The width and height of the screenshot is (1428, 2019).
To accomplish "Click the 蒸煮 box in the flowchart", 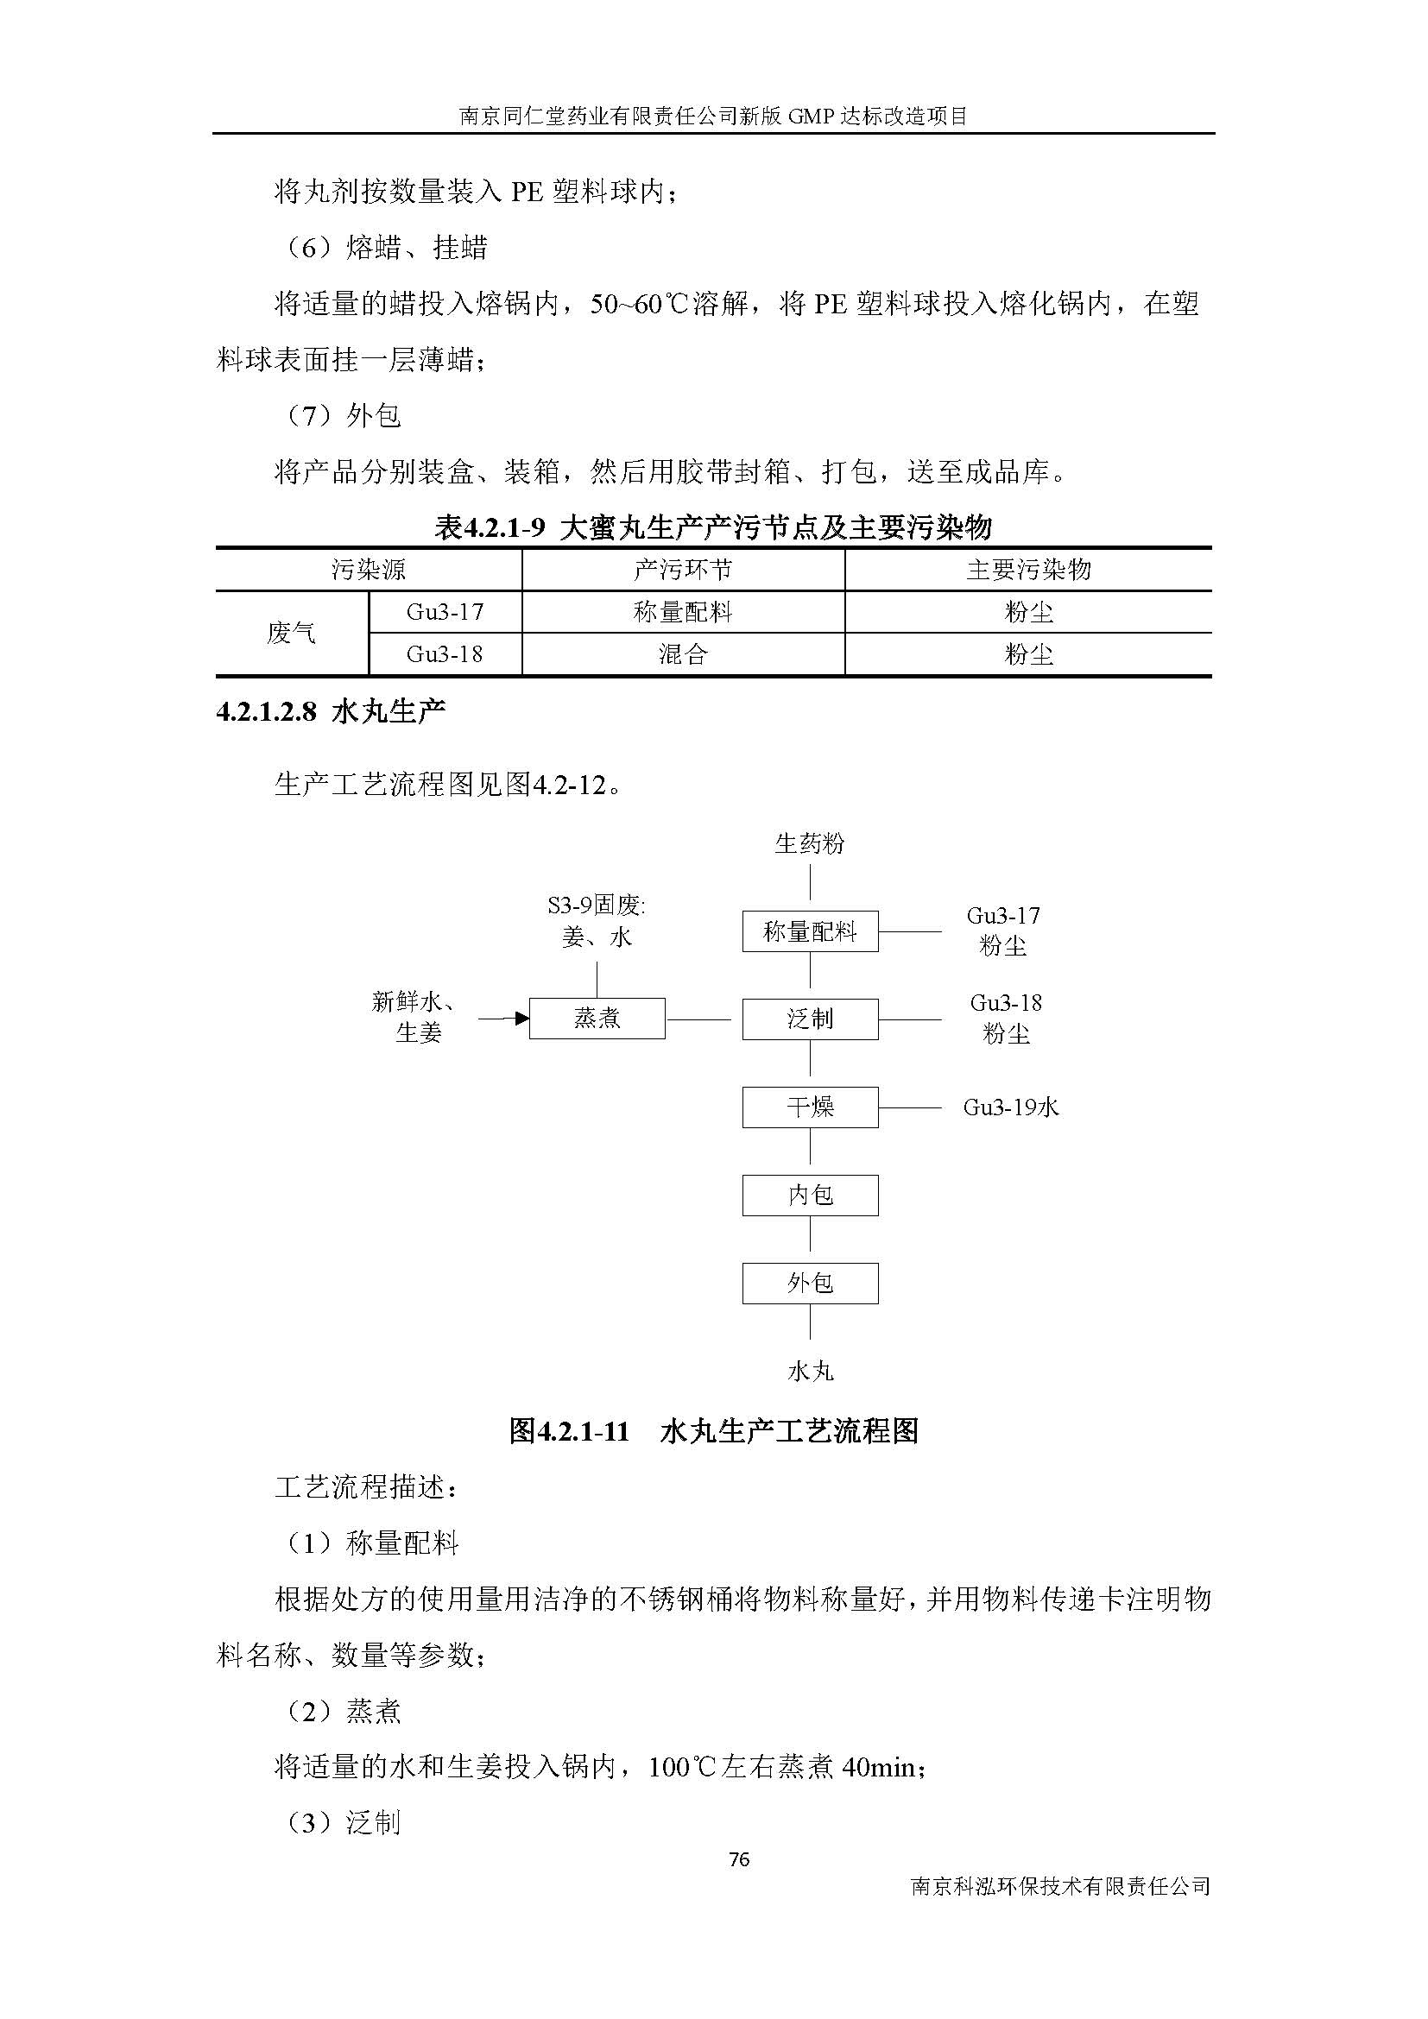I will (597, 1019).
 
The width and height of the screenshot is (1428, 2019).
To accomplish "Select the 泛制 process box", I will (810, 1019).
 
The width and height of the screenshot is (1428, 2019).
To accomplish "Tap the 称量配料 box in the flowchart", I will (810, 931).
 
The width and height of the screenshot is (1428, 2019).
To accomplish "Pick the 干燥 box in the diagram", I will (810, 1107).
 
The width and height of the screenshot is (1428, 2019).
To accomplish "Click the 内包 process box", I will (810, 1195).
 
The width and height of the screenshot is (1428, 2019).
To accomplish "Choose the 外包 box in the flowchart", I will (810, 1283).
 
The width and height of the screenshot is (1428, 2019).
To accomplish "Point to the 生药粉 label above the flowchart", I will (810, 844).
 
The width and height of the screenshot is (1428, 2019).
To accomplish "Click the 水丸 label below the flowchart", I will (810, 1371).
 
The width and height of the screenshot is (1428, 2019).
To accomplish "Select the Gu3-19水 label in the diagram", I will (1011, 1107).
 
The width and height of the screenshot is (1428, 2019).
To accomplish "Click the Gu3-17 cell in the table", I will (445, 611).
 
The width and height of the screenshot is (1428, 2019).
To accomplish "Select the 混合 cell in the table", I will (682, 654).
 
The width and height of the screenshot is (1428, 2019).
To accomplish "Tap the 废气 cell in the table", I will (291, 632).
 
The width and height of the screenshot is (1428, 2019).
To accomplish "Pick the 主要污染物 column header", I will (1028, 570).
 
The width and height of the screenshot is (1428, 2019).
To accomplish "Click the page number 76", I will (739, 1859).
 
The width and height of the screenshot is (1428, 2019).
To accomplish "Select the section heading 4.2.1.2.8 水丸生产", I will (331, 710).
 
